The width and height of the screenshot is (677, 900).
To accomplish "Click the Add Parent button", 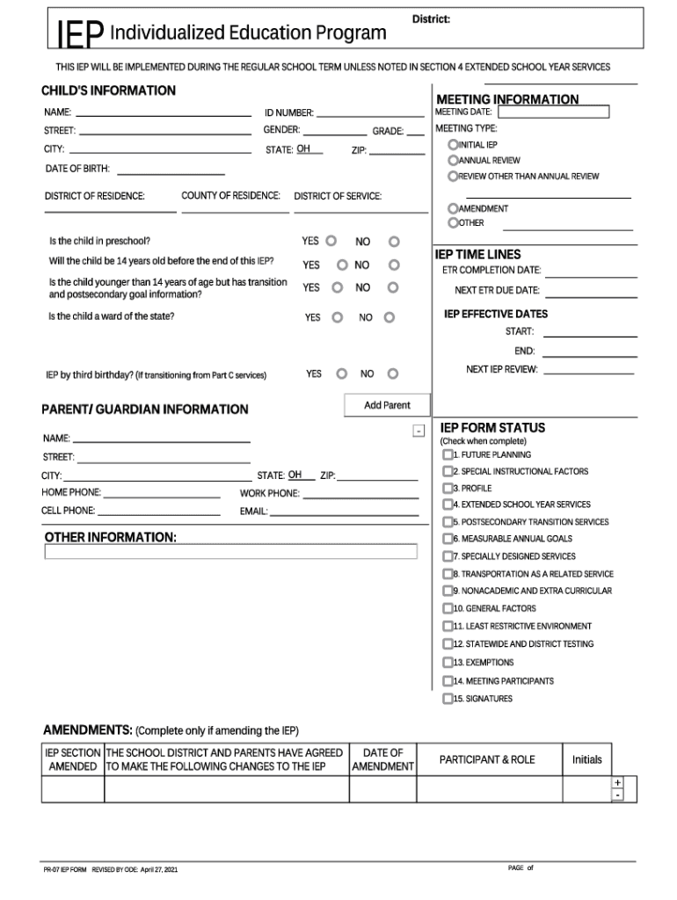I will pyautogui.click(x=387, y=405).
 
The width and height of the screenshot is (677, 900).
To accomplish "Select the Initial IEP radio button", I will pyautogui.click(x=453, y=144).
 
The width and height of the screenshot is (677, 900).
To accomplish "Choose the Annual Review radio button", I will pyautogui.click(x=453, y=160).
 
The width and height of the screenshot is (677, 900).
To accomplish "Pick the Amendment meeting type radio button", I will pyautogui.click(x=453, y=208).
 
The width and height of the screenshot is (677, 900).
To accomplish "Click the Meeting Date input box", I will pyautogui.click(x=553, y=112).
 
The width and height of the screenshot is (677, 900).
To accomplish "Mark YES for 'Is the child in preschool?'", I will pyautogui.click(x=331, y=241).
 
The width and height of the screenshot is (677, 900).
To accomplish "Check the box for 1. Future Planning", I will pyautogui.click(x=448, y=455).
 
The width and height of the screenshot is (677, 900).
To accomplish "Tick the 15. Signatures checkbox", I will pyautogui.click(x=448, y=699).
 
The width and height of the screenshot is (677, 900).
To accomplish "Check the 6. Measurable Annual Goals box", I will pyautogui.click(x=448, y=539).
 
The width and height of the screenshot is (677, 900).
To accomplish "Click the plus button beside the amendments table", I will pyautogui.click(x=618, y=782).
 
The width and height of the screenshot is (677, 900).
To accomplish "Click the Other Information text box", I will pyautogui.click(x=230, y=552).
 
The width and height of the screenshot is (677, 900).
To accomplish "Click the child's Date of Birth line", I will pyautogui.click(x=171, y=170).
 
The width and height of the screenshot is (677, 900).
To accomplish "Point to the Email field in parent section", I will pyautogui.click(x=344, y=511).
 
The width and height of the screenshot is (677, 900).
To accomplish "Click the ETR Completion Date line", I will pyautogui.click(x=590, y=271).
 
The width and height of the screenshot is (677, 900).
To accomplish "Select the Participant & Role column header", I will pyautogui.click(x=486, y=759).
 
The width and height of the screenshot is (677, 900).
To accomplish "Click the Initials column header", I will pyautogui.click(x=586, y=759).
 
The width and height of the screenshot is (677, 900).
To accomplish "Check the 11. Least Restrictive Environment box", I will pyautogui.click(x=448, y=627).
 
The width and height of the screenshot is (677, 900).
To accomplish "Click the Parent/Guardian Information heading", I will pyautogui.click(x=145, y=410).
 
